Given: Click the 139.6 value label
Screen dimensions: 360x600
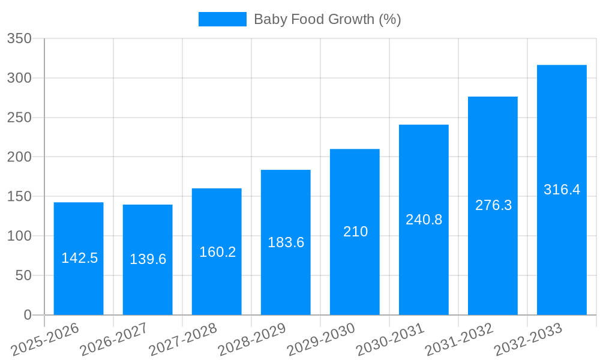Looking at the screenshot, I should (x=148, y=259).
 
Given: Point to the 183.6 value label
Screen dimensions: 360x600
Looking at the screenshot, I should (x=286, y=242).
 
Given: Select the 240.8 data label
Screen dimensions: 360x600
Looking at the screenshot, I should (x=424, y=220).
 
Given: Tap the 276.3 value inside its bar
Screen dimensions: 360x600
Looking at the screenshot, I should (x=493, y=205).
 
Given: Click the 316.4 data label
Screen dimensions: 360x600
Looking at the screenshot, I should (x=562, y=190).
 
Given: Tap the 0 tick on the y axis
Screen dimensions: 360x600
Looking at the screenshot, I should (x=28, y=315).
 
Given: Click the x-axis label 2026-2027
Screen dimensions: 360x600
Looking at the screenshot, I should (x=114, y=339).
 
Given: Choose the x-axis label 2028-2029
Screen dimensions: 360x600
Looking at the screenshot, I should (x=252, y=339).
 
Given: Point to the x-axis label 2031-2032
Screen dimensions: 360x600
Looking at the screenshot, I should (x=459, y=339).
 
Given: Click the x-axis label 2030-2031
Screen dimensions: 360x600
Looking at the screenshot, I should (x=390, y=339).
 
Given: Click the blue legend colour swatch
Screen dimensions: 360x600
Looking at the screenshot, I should (x=222, y=19).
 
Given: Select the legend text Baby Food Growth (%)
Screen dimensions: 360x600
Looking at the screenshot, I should (x=327, y=19).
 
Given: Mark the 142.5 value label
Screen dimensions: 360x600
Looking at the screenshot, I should (x=79, y=258).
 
